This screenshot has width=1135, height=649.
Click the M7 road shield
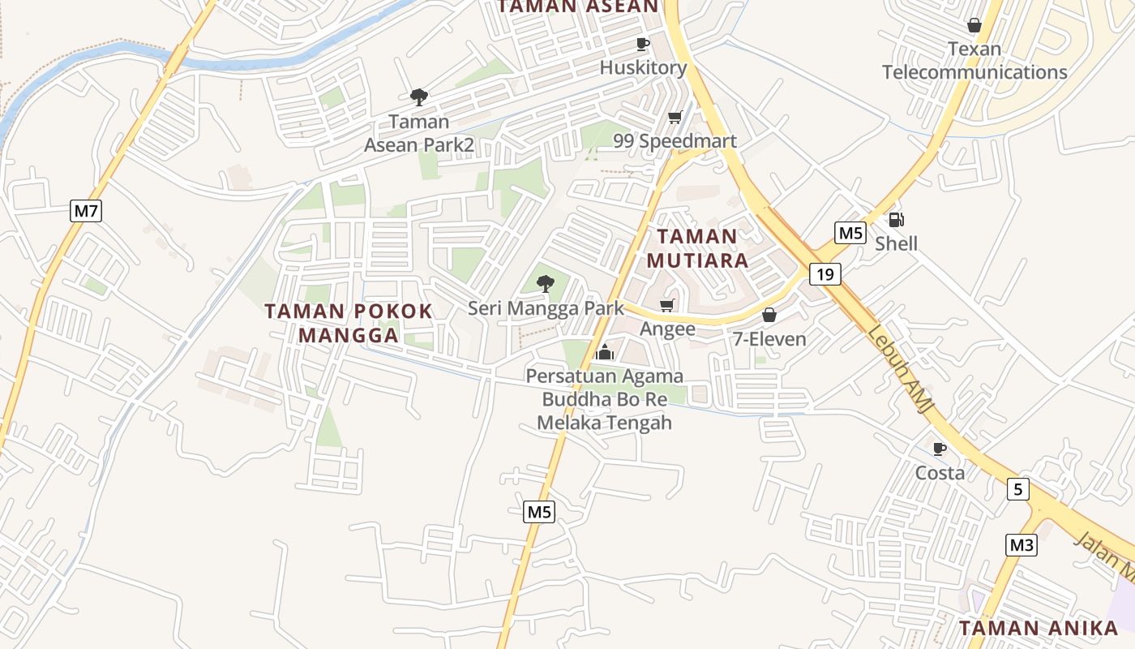point(86,212)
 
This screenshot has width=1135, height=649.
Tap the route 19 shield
point(824,274)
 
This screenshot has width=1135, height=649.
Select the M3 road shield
point(1021,545)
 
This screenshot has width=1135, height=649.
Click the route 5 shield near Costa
point(1018,489)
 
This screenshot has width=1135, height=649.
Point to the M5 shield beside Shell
point(850,234)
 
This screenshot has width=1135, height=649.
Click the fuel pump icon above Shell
point(896,219)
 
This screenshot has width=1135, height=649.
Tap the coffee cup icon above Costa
point(940,449)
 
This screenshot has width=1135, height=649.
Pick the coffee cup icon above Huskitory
point(643,44)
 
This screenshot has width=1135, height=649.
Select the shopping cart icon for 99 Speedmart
point(675,118)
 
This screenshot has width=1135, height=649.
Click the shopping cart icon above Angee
point(667,306)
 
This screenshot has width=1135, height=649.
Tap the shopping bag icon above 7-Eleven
point(769,315)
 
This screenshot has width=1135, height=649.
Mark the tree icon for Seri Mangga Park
point(546,284)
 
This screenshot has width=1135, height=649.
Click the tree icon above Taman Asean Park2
point(418,98)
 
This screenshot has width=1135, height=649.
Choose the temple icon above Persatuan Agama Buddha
point(604,352)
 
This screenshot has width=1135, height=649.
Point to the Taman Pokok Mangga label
point(349,323)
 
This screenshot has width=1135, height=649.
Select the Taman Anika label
point(1039,628)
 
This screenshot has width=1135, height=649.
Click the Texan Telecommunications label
point(974,61)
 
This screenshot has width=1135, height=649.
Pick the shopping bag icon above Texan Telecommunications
point(974,25)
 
